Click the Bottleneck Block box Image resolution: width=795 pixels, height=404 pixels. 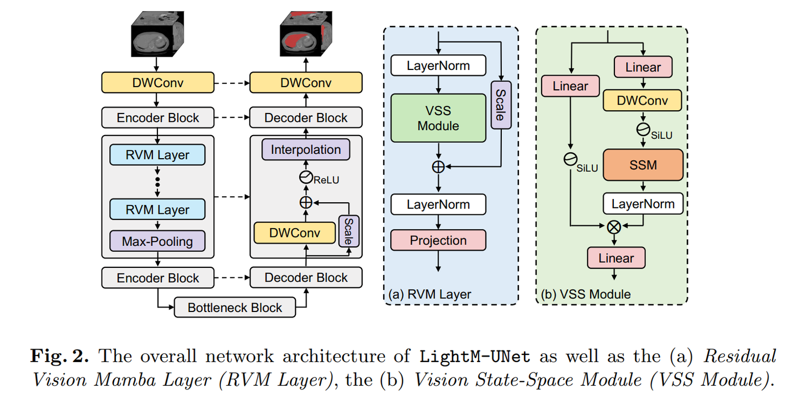(x=235, y=308)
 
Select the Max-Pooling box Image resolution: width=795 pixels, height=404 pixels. (x=157, y=241)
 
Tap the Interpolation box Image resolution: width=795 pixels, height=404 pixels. (x=306, y=149)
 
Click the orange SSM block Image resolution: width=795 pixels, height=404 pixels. (x=643, y=164)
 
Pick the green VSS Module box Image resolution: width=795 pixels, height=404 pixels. (x=438, y=118)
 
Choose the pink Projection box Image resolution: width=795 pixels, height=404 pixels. (x=438, y=240)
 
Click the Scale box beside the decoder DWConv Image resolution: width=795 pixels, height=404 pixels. (x=348, y=231)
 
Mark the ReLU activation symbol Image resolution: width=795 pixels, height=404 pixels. (x=306, y=177)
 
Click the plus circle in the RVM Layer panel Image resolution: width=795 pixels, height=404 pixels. (x=438, y=166)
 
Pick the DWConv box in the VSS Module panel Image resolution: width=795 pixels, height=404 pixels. (x=643, y=100)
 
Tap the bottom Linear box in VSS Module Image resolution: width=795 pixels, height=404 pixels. (x=616, y=258)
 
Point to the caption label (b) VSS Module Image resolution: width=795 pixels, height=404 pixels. (x=585, y=294)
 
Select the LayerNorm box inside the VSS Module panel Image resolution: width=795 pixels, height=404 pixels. (x=643, y=204)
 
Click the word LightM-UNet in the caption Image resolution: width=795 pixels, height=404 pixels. (x=475, y=356)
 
